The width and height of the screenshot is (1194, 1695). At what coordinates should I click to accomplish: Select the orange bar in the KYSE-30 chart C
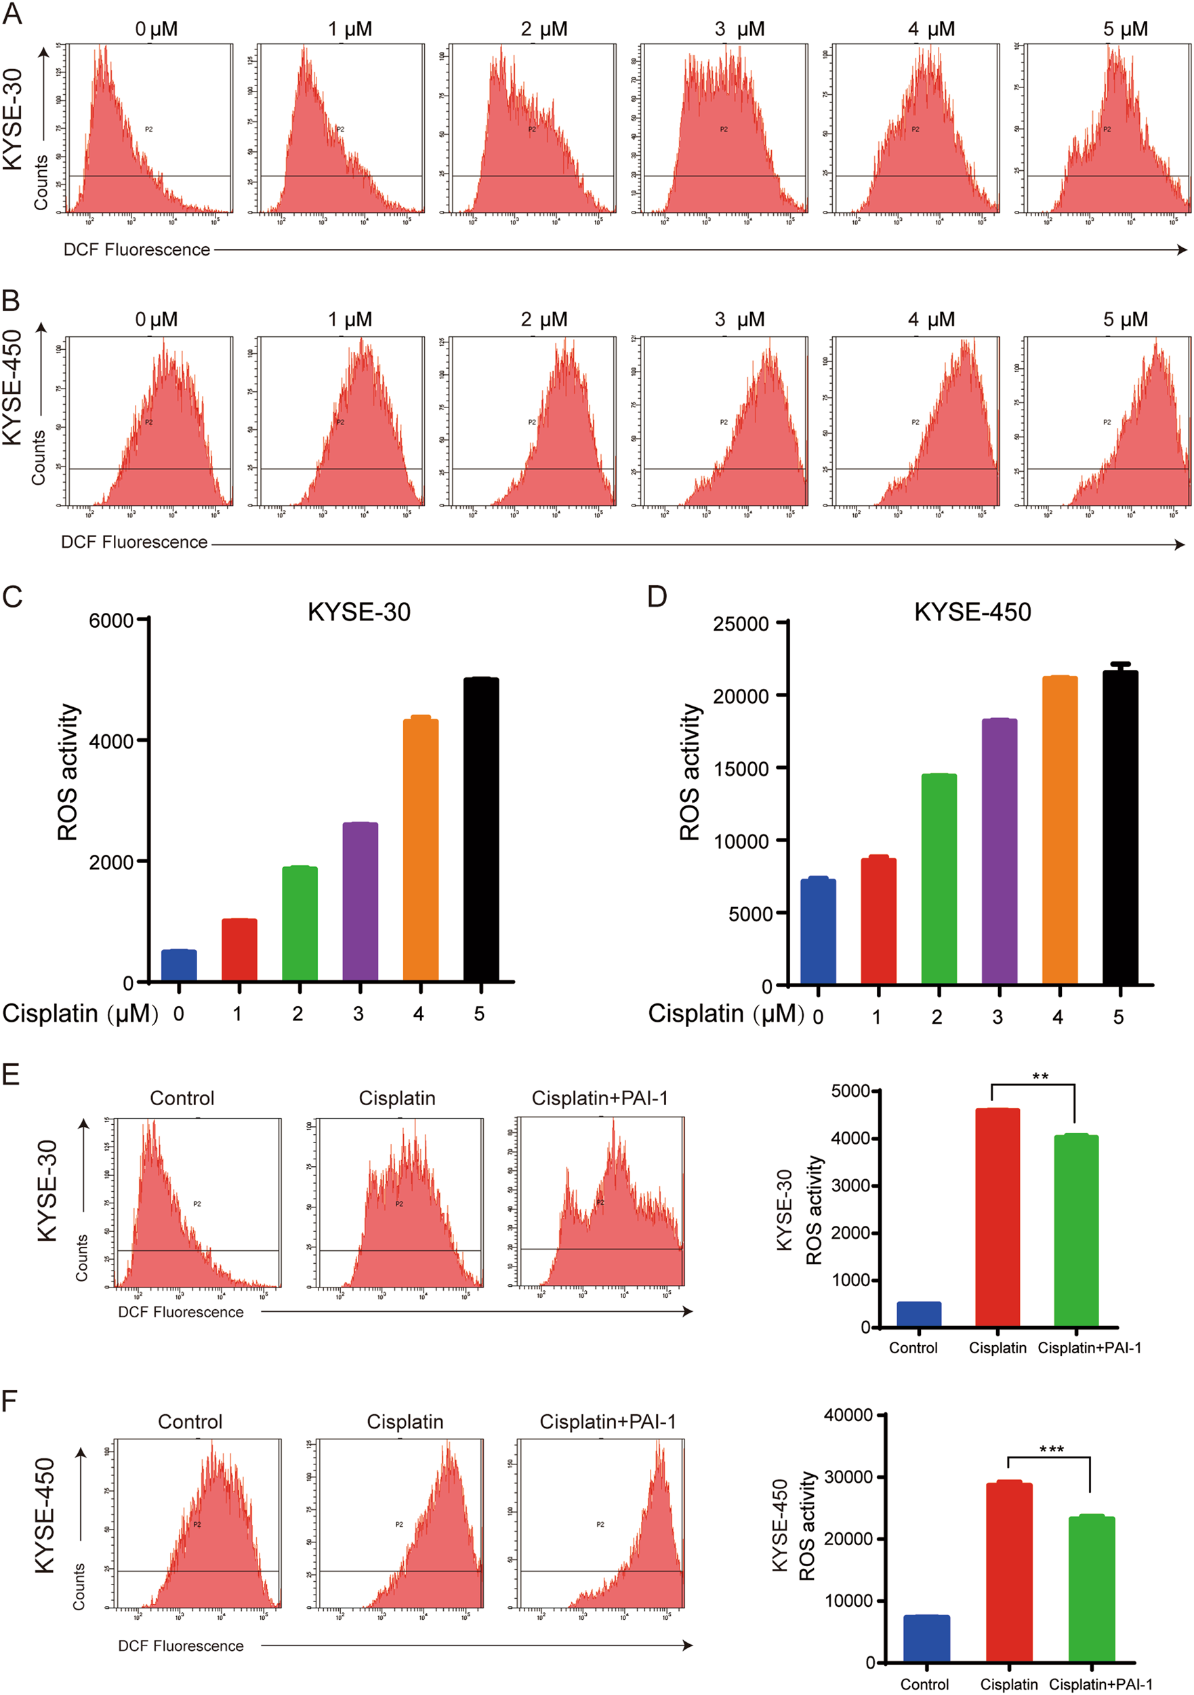[421, 849]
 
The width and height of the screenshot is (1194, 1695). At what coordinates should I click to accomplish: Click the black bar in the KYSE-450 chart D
[1119, 827]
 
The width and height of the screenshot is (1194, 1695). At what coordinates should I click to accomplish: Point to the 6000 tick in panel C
[111, 620]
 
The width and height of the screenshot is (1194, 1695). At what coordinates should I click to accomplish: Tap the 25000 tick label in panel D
[740, 624]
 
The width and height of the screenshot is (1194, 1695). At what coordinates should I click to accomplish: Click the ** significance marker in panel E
[1039, 1077]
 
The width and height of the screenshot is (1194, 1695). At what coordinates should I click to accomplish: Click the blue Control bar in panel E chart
[919, 1314]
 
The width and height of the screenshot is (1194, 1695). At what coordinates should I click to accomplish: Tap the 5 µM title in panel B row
[1125, 319]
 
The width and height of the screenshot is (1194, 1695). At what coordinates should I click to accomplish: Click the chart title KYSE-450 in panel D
[972, 612]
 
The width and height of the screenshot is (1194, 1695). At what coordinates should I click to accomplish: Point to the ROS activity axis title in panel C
[68, 772]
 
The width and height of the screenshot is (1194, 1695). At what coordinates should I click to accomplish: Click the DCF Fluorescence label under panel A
[136, 250]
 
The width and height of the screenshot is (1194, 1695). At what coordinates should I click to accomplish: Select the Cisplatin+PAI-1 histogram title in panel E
[599, 1098]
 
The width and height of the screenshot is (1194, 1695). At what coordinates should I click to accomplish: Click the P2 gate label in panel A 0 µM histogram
[148, 129]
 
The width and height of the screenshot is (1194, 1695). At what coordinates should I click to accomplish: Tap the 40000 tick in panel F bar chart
[848, 1414]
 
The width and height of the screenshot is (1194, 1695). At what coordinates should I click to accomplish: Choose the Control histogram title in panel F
[190, 1421]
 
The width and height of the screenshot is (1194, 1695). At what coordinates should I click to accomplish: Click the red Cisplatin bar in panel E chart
[997, 1218]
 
